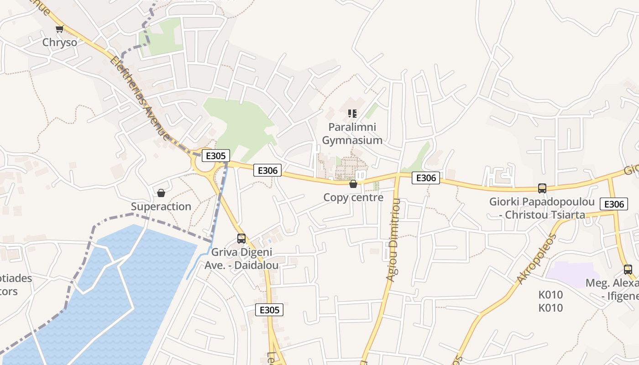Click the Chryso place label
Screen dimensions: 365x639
(59, 42)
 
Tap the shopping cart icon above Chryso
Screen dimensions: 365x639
(59, 30)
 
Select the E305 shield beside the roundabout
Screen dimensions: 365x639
(215, 156)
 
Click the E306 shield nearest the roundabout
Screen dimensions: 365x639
(267, 170)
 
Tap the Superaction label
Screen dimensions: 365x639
(161, 207)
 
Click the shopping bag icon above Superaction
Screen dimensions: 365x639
(161, 193)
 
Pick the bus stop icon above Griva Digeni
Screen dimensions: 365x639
(241, 238)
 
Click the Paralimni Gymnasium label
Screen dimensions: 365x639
(352, 133)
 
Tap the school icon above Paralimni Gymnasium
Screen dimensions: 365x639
(352, 113)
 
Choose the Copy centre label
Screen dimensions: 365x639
(353, 198)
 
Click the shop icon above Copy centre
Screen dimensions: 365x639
(353, 184)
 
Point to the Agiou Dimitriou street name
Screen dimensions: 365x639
(393, 239)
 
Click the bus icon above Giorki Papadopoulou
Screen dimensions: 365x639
(542, 188)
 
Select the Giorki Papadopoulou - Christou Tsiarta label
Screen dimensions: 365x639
(542, 208)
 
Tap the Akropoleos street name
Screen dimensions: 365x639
(537, 258)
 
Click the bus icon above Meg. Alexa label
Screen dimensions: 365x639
(628, 269)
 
